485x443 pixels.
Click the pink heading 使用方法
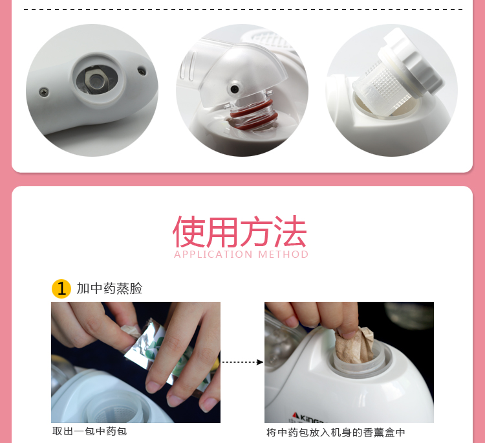240,232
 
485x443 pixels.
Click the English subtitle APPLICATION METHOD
241,255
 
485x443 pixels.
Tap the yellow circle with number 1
61,289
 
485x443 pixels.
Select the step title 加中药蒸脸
109,288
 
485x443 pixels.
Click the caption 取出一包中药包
89,431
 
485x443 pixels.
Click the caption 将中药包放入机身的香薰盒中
336,433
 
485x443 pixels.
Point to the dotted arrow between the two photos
242,362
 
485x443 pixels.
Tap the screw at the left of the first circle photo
44,92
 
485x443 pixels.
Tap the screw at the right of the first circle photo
142,71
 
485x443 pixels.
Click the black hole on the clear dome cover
235,89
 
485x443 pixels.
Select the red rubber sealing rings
254,115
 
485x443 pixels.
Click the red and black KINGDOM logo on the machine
308,417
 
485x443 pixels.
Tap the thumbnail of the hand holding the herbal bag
349,362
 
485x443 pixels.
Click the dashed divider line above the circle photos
243,9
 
